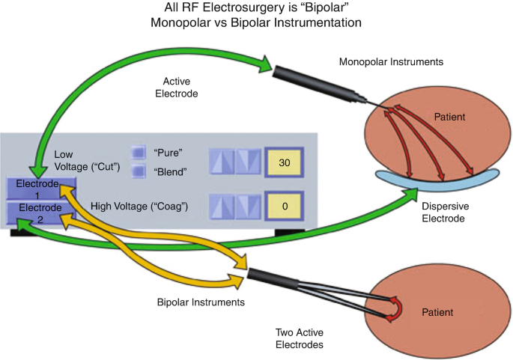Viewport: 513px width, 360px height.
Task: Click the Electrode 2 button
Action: tap(36, 213)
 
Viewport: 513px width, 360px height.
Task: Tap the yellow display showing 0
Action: tap(284, 204)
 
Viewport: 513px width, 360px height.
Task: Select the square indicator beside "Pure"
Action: tap(139, 151)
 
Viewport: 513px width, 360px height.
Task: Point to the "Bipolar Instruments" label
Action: tap(201, 302)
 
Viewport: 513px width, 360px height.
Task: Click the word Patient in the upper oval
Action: tap(451, 118)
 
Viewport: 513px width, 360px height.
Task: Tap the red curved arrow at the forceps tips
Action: tap(395, 309)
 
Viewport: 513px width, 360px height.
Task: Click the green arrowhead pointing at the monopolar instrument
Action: tap(262, 64)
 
